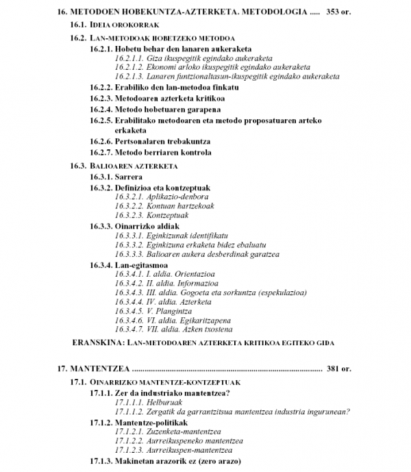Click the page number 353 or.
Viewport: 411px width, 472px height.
pos(338,12)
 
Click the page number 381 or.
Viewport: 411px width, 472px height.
pos(338,368)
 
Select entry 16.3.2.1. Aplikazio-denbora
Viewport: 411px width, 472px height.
pos(161,196)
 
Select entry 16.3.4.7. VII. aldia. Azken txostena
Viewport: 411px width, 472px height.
pos(175,329)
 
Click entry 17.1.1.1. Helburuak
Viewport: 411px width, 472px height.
pos(140,402)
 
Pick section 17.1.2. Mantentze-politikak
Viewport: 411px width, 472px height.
pos(140,422)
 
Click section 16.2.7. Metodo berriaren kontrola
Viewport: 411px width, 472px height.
pos(151,152)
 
